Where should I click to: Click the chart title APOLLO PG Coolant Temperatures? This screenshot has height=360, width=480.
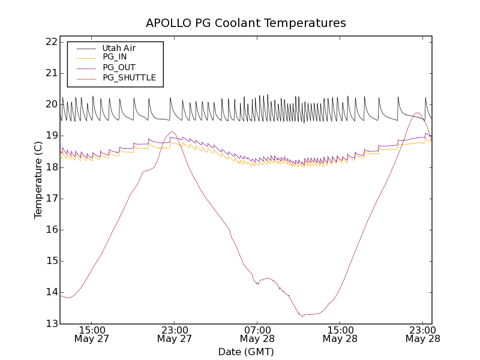tap(246, 23)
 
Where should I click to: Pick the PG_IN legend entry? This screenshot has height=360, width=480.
tap(115, 57)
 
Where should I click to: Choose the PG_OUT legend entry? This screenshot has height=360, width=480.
tap(119, 67)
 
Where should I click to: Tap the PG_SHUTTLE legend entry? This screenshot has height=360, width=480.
tap(129, 77)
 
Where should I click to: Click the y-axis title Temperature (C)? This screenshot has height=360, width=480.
tap(38, 180)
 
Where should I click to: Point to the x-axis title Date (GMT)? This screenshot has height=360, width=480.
tap(246, 352)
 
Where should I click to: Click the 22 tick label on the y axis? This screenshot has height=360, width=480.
tap(50, 42)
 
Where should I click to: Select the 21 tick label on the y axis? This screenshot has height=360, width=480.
tap(50, 73)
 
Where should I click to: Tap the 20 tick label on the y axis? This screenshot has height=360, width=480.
tap(50, 104)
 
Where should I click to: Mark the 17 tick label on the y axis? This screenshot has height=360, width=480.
tap(50, 199)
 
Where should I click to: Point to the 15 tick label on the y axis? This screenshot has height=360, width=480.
tap(50, 261)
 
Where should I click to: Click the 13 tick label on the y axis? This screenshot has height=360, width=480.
tap(50, 323)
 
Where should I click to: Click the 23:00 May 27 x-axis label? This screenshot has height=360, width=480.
tap(175, 334)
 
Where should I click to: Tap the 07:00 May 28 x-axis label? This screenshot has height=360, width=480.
tap(258, 334)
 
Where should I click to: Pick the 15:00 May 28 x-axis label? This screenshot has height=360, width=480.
tap(341, 334)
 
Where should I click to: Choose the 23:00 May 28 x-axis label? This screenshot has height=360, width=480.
tap(424, 334)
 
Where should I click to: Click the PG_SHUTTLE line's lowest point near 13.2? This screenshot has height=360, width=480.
tap(302, 316)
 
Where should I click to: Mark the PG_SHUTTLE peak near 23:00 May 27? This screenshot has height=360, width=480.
tap(172, 132)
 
